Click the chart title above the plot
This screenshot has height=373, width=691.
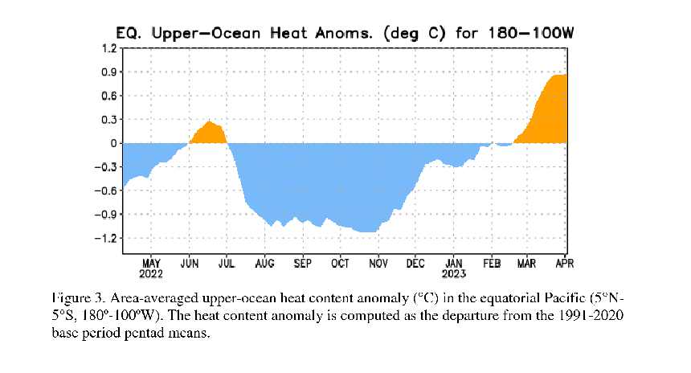[x=345, y=34]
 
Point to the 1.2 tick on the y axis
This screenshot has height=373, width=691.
[x=108, y=48]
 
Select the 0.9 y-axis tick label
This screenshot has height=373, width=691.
[x=108, y=72]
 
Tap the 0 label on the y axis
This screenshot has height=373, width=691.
[x=113, y=143]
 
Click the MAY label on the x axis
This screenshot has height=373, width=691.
[x=151, y=263]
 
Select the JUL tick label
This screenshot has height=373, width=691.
[x=227, y=263]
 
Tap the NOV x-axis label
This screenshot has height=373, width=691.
[x=378, y=263]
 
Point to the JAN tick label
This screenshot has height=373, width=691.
[x=454, y=263]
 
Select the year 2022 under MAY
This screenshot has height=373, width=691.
[x=151, y=273]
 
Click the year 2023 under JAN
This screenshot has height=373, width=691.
[x=454, y=273]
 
